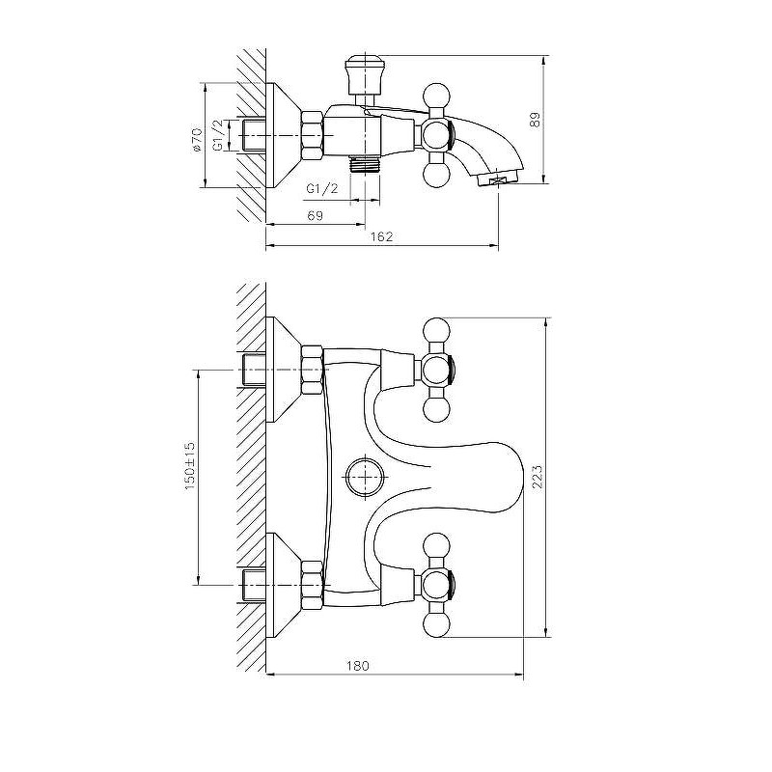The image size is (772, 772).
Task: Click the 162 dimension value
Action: pos(381,236)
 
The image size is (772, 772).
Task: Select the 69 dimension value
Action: pos(316,215)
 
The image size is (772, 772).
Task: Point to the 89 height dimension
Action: pos(535,120)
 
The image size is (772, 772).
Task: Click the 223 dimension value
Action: pos(538,476)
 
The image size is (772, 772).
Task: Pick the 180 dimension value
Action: pos(357,666)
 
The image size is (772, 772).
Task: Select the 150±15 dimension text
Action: pos(190,466)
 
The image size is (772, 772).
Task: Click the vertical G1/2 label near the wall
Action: pos(219,135)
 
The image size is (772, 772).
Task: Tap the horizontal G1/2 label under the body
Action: pos(322,188)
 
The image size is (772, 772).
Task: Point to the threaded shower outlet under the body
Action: pos(365,164)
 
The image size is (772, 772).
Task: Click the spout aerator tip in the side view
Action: pos(499,179)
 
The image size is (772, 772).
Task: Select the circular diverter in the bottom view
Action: pos(365,477)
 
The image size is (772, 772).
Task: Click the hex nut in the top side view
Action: pos(312,135)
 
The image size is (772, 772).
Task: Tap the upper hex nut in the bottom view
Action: pos(312,370)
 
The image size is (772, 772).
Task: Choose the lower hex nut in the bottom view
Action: pos(312,585)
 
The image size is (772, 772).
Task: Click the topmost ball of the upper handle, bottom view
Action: pos(437,331)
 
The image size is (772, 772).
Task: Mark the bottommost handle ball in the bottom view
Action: pos(437,623)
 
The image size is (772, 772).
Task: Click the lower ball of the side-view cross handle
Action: pos(437,176)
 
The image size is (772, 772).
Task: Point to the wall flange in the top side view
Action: pos(284,135)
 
